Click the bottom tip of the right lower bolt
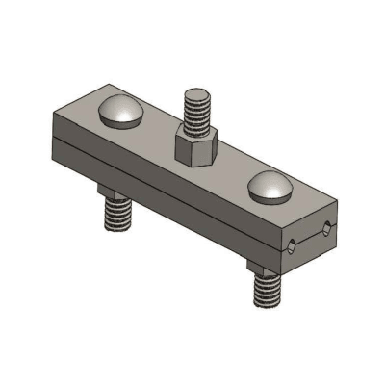pyautogui.click(x=268, y=306)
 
